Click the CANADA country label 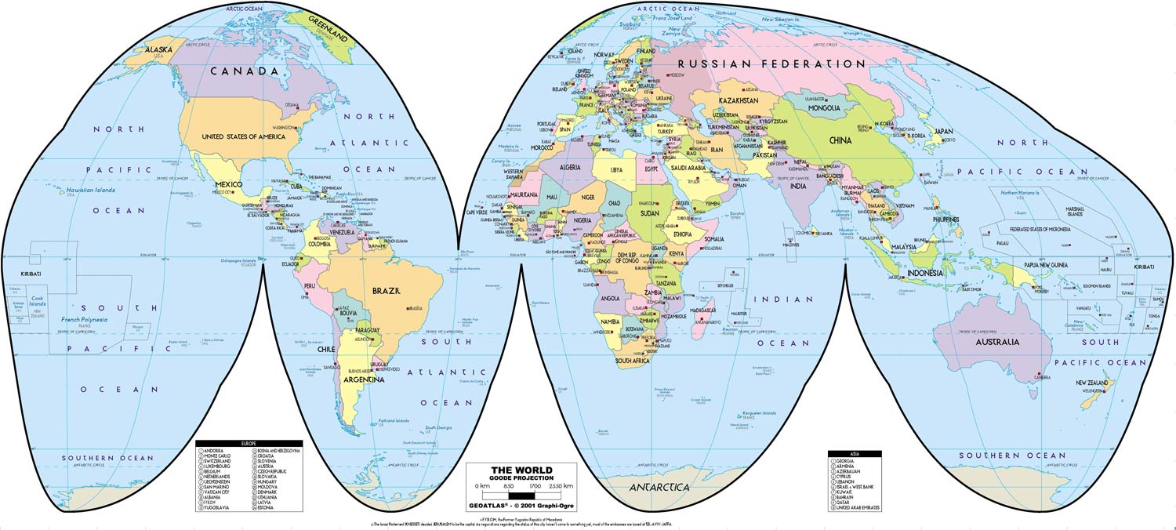245,71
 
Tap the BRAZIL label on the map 387,290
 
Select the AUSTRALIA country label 997,342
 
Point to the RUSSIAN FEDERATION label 771,64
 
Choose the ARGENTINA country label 364,379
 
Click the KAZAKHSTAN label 739,101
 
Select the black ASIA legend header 855,452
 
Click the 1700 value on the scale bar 535,487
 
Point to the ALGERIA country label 569,167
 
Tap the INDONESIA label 925,273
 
